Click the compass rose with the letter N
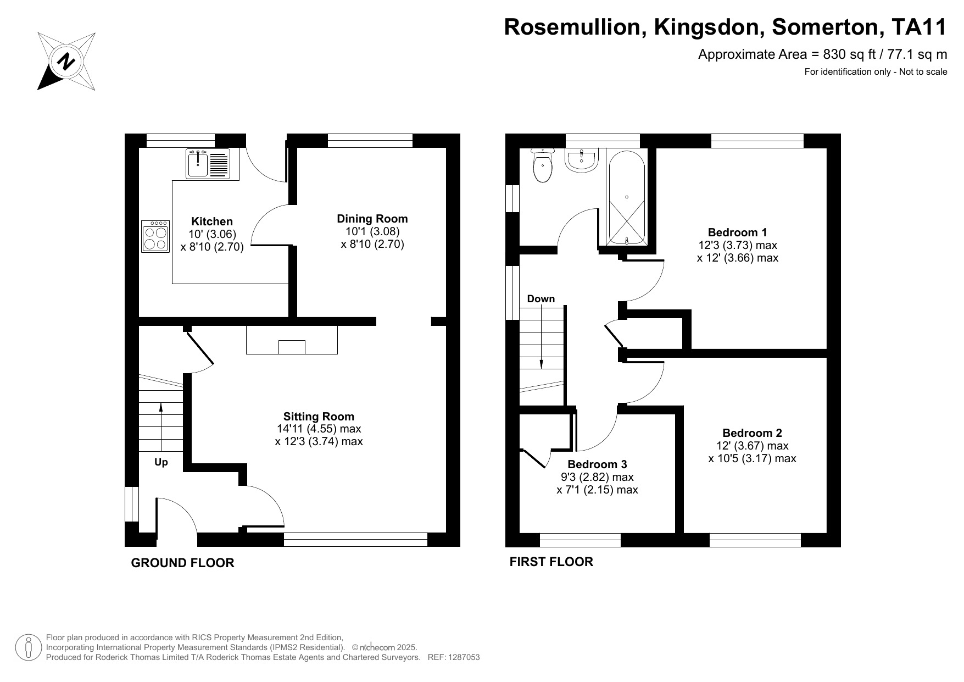pyautogui.click(x=66, y=61)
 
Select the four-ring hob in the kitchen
pyautogui.click(x=155, y=236)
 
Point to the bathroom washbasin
pyautogui.click(x=581, y=160)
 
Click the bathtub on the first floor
pyautogui.click(x=626, y=196)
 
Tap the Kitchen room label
pyautogui.click(x=212, y=221)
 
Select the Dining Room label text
pyautogui.click(x=372, y=219)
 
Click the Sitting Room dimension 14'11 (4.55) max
pyautogui.click(x=319, y=429)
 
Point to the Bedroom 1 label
pyautogui.click(x=737, y=232)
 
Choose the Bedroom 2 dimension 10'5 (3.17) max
pyautogui.click(x=752, y=458)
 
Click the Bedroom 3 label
pyautogui.click(x=597, y=464)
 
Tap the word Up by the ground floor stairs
pyautogui.click(x=161, y=462)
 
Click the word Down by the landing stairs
pyautogui.click(x=540, y=299)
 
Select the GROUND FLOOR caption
pyautogui.click(x=182, y=563)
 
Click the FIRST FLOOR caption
pyautogui.click(x=551, y=562)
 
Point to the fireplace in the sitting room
pyautogui.click(x=292, y=341)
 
